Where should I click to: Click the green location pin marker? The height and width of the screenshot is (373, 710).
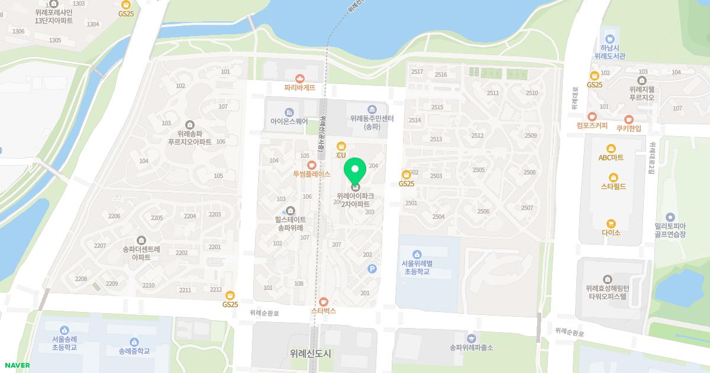point(355,171)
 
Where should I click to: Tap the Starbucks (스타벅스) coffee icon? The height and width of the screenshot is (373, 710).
point(323,301)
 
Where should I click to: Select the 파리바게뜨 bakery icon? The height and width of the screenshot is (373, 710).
point(300,78)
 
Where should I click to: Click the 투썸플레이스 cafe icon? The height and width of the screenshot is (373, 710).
point(311,165)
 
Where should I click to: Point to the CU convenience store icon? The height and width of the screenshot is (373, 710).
point(341,146)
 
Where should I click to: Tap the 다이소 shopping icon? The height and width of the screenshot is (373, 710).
point(611,224)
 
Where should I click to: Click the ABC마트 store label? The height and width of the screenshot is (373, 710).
point(611,157)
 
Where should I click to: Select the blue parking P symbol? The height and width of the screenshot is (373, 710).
point(372,269)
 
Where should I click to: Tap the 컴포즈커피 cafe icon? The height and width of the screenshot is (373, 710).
point(592,117)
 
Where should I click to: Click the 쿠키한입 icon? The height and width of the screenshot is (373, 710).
point(628,119)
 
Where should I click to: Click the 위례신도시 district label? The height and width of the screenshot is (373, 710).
point(311,353)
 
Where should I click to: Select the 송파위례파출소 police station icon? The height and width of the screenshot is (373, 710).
point(471,338)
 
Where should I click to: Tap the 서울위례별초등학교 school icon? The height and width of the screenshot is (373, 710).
point(418,254)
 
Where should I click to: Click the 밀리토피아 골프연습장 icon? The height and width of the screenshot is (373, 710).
point(670,217)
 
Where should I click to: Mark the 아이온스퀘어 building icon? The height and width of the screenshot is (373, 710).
point(289,112)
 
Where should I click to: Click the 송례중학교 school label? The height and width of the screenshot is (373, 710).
point(134,351)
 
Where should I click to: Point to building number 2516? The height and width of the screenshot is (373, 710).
point(441,75)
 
